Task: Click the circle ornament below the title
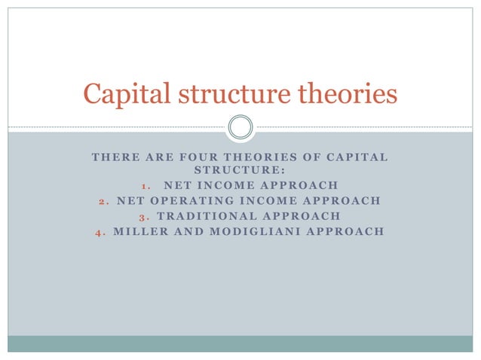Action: pyautogui.click(x=240, y=127)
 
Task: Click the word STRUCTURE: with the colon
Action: pyautogui.click(x=240, y=171)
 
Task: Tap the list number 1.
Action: pyautogui.click(x=146, y=185)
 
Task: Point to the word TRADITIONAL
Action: pyautogui.click(x=204, y=215)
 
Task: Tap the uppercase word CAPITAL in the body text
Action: pyautogui.click(x=357, y=157)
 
